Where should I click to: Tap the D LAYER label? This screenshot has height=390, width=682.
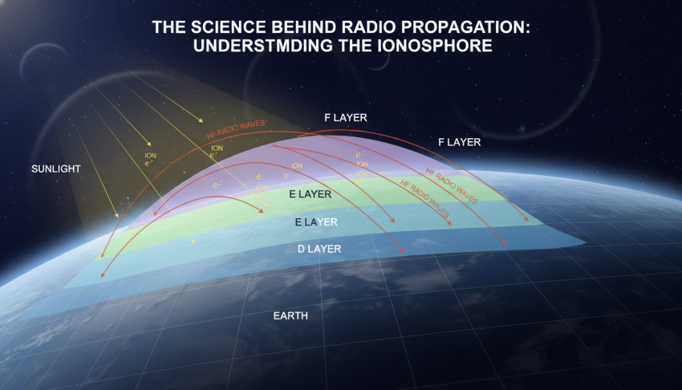(x=319, y=250)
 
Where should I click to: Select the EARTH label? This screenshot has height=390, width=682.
(x=290, y=316)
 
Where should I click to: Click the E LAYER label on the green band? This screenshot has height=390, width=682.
(x=311, y=194)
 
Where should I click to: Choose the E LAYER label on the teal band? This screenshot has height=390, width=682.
(x=316, y=221)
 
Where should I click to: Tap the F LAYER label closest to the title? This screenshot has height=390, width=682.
(x=346, y=118)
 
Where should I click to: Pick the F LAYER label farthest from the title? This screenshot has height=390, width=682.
(x=459, y=142)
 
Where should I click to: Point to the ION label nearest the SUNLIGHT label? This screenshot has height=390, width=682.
(x=150, y=156)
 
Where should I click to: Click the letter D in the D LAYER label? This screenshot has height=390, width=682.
(x=302, y=250)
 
